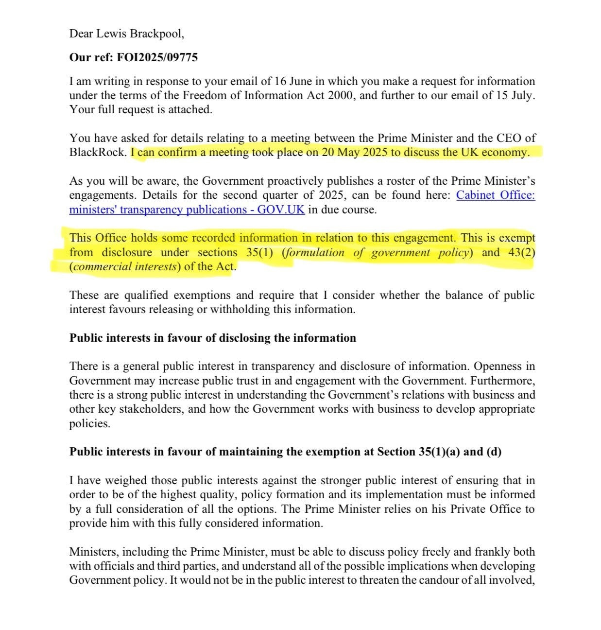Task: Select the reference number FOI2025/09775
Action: (157, 57)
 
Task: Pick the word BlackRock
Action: (97, 152)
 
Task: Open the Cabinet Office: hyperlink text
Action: (496, 195)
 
